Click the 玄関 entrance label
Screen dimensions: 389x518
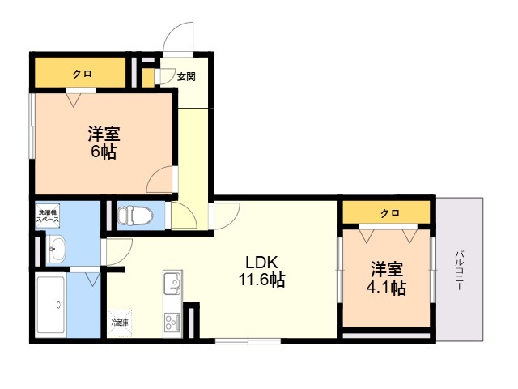pyautogui.click(x=186, y=77)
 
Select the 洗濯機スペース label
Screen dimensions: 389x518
pyautogui.click(x=48, y=216)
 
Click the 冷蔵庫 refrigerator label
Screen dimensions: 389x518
pyautogui.click(x=119, y=323)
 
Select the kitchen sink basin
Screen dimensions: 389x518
pyautogui.click(x=172, y=284)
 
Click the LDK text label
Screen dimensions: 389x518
pyautogui.click(x=261, y=263)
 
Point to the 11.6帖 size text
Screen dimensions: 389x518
pyautogui.click(x=261, y=281)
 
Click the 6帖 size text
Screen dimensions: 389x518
pyautogui.click(x=103, y=152)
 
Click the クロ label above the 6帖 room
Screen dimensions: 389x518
pyautogui.click(x=82, y=74)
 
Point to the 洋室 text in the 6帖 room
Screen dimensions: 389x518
pyautogui.click(x=104, y=133)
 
